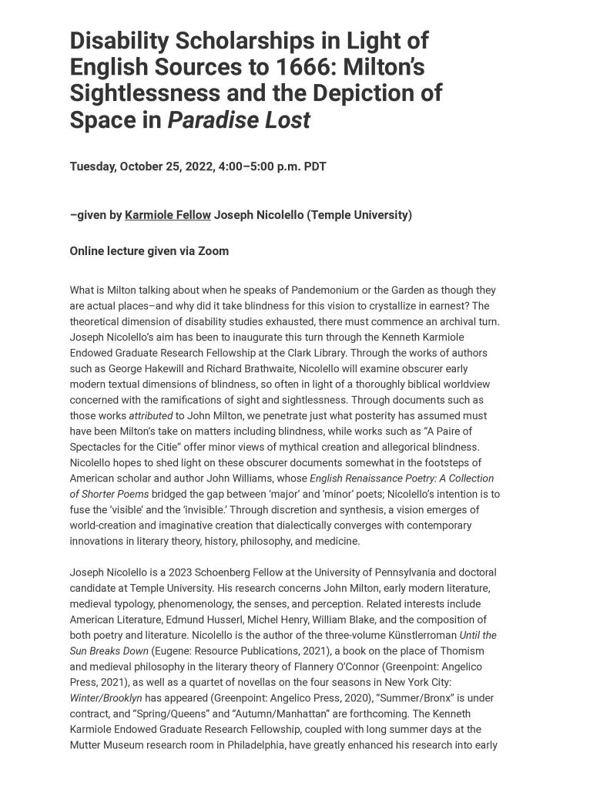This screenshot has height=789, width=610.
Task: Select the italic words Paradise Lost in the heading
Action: click(239, 120)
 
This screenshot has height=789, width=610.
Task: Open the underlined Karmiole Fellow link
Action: click(168, 215)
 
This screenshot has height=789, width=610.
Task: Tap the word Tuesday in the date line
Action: click(92, 166)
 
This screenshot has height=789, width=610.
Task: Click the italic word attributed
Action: click(151, 416)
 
